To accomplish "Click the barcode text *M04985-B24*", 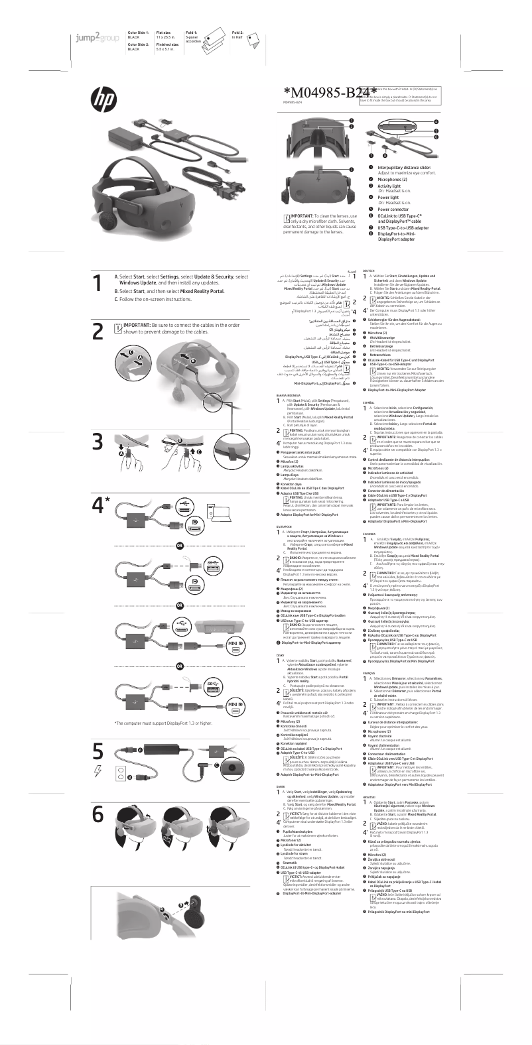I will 330,92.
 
